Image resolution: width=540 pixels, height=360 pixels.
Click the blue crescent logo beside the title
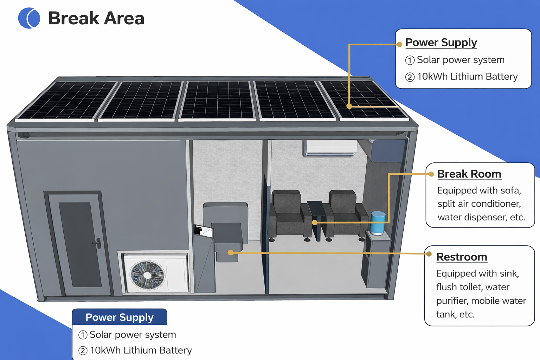(29, 18)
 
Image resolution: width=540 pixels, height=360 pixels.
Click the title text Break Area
(96, 18)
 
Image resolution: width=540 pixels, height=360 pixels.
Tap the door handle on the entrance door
(98, 243)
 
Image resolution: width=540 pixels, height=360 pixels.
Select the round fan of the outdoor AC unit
(147, 275)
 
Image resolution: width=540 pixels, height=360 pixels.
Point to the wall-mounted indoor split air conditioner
(330, 148)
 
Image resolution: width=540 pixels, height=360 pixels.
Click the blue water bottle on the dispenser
(378, 223)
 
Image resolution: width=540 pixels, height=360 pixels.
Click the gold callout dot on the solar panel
(349, 106)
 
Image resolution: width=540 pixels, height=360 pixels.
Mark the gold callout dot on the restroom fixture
(230, 252)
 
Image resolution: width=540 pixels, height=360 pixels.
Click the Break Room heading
(469, 174)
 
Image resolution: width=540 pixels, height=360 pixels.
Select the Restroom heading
(462, 257)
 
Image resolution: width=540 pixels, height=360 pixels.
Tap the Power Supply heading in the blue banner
(120, 317)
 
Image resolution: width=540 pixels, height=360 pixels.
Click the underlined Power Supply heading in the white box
(441, 43)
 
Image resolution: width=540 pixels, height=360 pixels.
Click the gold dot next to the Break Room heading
(431, 174)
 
